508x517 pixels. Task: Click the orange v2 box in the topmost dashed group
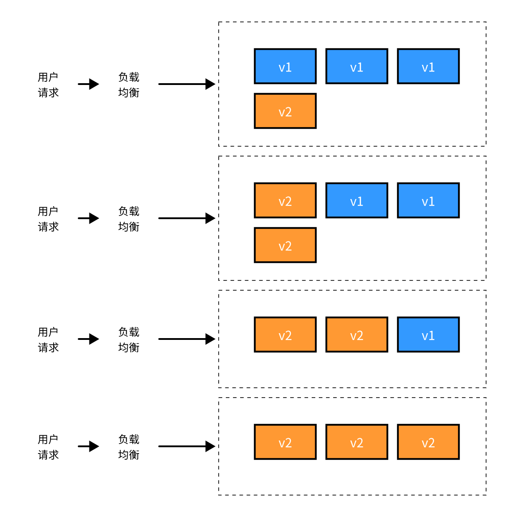[285, 111]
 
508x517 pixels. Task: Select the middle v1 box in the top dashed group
[357, 66]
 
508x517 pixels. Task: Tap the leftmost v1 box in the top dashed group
[285, 66]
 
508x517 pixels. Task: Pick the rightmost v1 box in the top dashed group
[428, 66]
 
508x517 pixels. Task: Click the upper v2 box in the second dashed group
[285, 200]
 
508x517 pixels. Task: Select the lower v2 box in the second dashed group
[285, 245]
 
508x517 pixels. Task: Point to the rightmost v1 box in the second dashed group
[428, 200]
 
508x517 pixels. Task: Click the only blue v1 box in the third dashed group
[428, 335]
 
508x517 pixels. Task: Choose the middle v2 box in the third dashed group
[357, 335]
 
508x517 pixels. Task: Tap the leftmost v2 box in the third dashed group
[285, 335]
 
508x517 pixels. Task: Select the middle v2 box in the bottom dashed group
[357, 442]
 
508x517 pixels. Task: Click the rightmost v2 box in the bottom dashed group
[428, 442]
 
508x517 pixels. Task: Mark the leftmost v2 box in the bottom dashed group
[285, 442]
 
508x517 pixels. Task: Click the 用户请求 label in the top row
[48, 85]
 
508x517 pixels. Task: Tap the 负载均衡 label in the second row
[129, 219]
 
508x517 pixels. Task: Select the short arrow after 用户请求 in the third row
[89, 339]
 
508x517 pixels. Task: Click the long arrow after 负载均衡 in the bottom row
[186, 446]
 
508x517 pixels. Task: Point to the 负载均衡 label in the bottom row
[129, 447]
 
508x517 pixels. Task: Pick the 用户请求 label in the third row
[48, 339]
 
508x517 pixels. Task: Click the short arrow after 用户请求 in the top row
[89, 84]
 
